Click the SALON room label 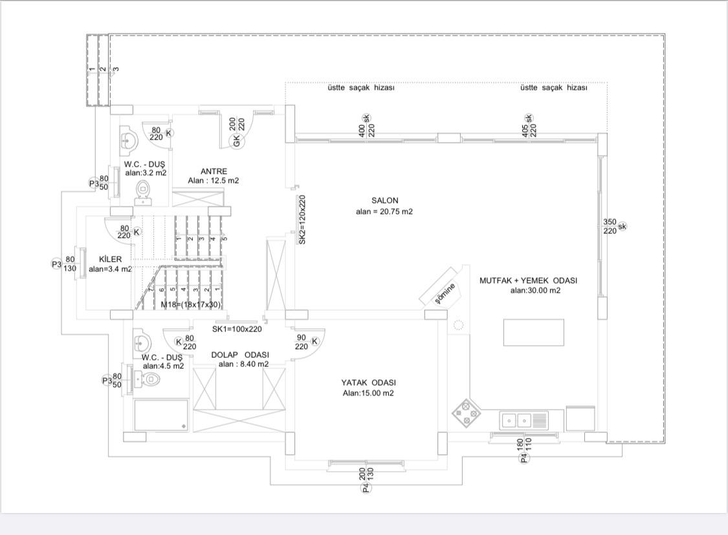385,201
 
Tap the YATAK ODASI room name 368,383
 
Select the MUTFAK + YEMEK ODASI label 528,280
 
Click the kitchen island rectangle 534,332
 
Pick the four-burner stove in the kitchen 466,413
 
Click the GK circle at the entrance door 237,141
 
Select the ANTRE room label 214,171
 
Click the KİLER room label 110,260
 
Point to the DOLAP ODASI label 240,355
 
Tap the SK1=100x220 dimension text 237,329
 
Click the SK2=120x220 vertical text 302,220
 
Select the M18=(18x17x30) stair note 191,304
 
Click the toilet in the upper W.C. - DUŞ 144,193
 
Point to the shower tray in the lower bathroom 161,415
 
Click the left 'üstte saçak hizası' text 360,88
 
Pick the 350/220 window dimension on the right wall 610,226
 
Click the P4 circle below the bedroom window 366,488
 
